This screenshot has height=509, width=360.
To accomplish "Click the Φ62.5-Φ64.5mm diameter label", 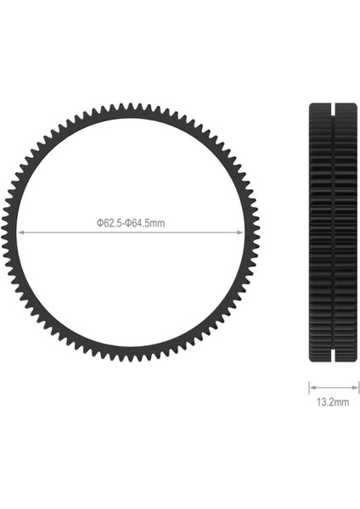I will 130,223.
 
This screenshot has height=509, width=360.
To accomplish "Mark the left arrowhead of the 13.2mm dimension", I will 312,385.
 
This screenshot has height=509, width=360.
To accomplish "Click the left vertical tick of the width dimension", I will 308,385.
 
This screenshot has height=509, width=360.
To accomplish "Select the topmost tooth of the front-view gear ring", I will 130,107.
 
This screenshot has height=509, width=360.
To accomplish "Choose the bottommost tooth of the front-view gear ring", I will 130,357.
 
